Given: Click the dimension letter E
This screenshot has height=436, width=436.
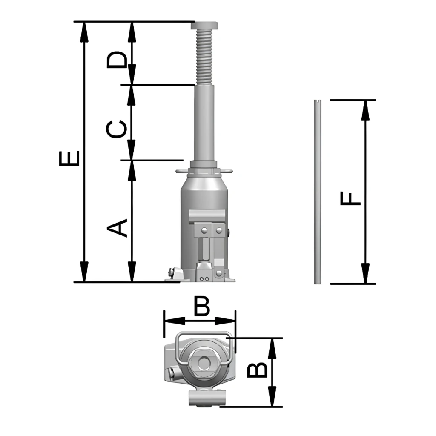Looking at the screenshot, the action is pyautogui.click(x=69, y=158).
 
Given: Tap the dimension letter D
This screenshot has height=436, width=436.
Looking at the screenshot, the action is pyautogui.click(x=117, y=60).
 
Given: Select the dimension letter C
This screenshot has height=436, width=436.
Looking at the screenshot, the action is pyautogui.click(x=117, y=129).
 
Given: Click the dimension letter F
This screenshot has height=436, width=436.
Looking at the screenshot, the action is pyautogui.click(x=351, y=198).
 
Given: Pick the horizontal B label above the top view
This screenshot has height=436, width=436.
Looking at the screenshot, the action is pyautogui.click(x=201, y=307).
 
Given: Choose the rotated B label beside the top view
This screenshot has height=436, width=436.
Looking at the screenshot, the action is pyautogui.click(x=257, y=370).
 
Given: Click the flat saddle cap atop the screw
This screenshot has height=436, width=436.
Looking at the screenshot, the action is pyautogui.click(x=204, y=26).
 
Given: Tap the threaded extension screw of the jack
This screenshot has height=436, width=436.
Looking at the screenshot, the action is pyautogui.click(x=204, y=57).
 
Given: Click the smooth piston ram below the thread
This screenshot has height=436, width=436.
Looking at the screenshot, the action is pyautogui.click(x=204, y=123).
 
